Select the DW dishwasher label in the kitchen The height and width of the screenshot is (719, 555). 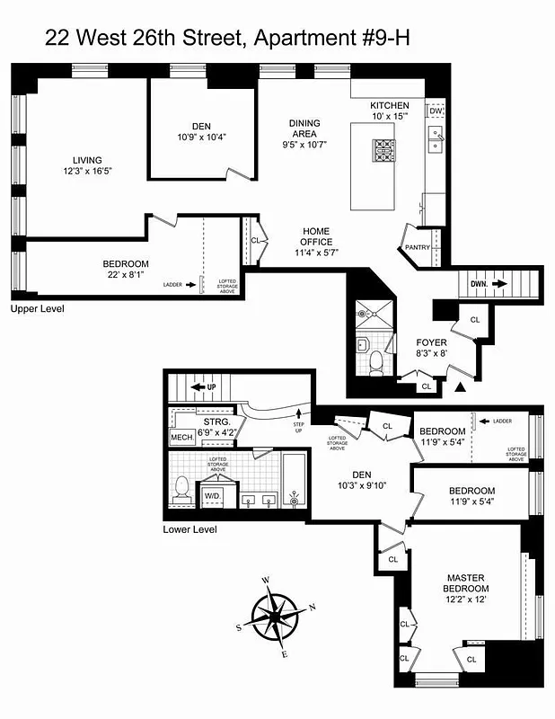[x=436, y=111]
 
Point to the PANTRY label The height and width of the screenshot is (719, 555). [x=418, y=247]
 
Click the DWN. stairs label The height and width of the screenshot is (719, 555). [x=479, y=284]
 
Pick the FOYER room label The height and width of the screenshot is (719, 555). [x=431, y=342]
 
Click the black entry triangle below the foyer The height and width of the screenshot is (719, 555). [x=462, y=387]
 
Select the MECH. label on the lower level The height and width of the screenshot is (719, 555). [x=182, y=438]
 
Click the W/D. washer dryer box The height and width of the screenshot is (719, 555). [x=213, y=495]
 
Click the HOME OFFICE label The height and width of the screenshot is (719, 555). [x=316, y=236]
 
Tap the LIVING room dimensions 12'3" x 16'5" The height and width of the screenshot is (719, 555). [x=87, y=170]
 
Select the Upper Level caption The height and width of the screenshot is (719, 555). [x=37, y=308]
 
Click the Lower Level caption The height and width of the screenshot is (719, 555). [x=189, y=529]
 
